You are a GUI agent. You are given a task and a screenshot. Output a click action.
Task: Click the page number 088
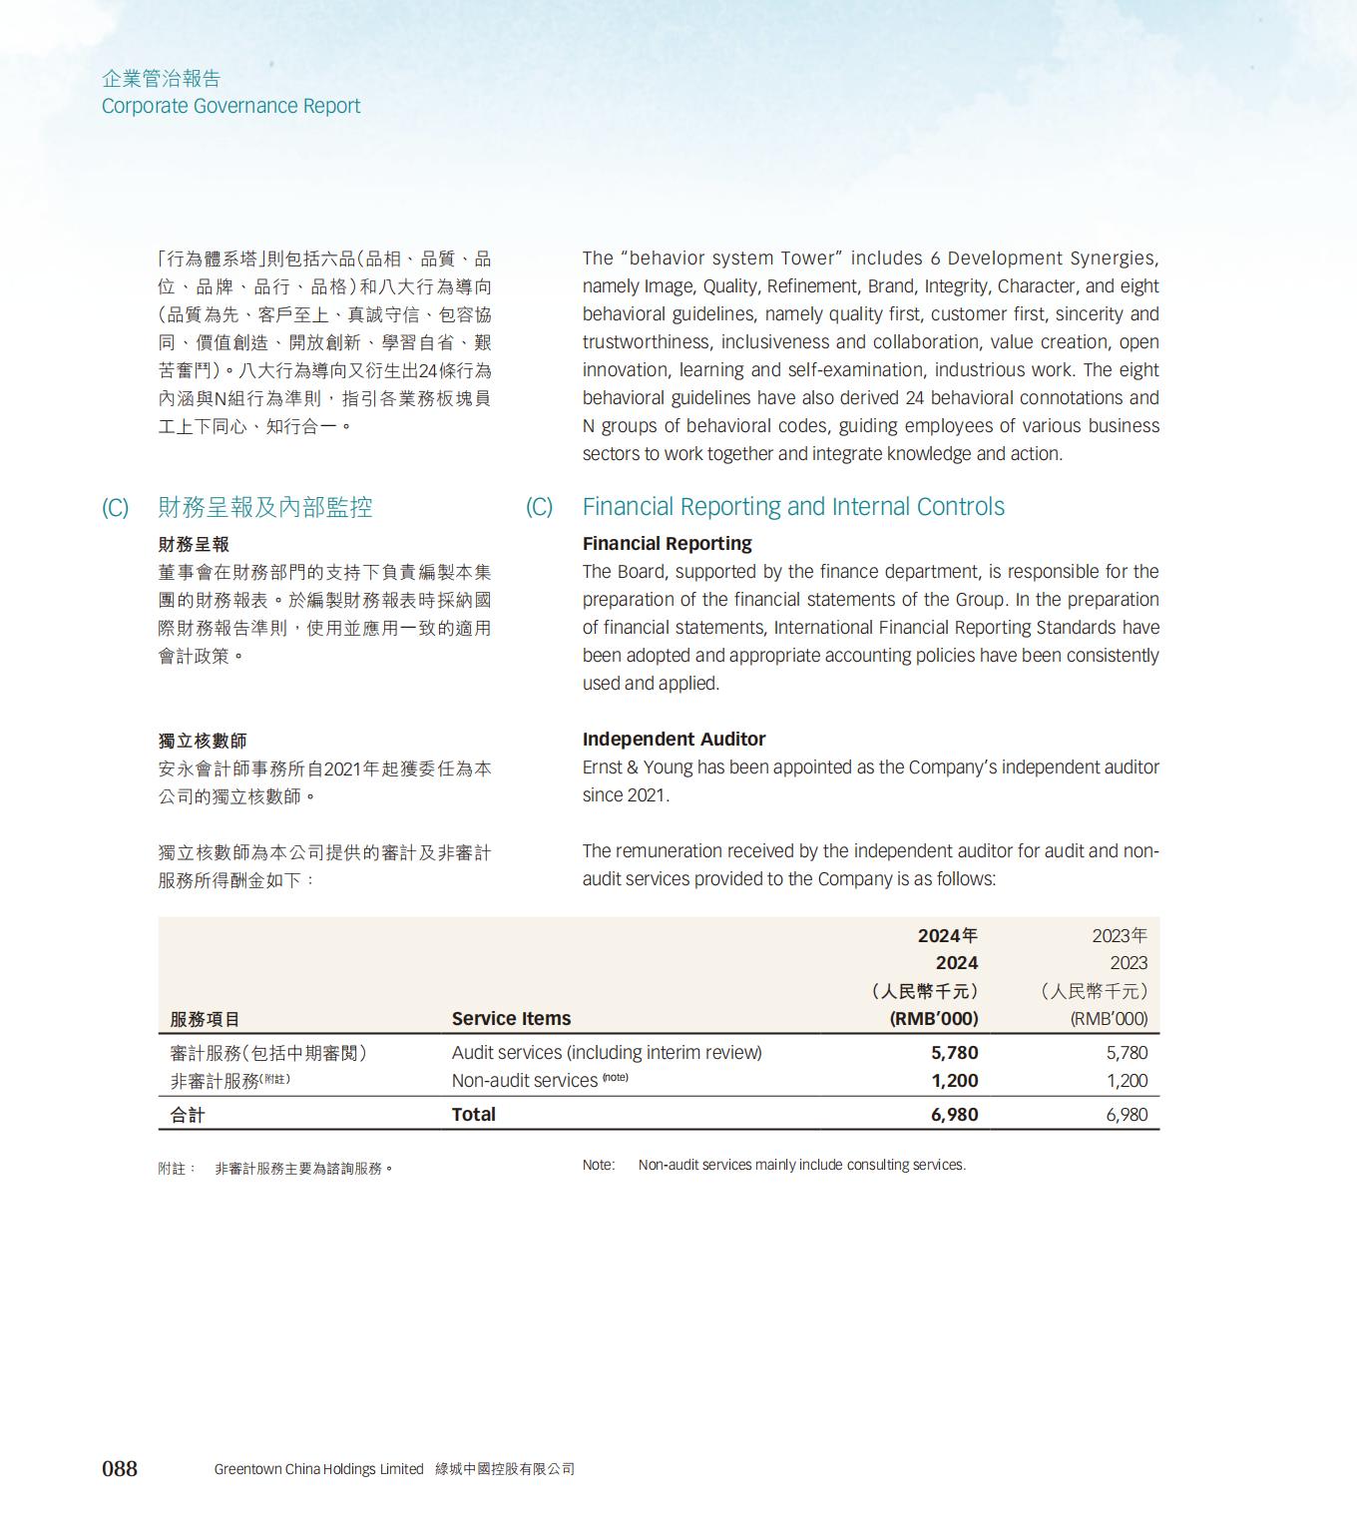click(120, 1468)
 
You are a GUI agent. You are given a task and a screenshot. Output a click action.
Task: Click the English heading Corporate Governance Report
click(230, 106)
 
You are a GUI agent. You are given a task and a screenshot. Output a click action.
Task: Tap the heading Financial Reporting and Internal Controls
click(793, 507)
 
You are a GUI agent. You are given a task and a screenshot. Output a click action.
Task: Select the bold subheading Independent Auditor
click(674, 740)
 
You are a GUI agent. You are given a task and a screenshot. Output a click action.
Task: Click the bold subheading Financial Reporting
click(667, 544)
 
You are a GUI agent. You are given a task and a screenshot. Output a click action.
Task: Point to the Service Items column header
click(511, 1019)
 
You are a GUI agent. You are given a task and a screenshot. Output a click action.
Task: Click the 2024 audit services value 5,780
click(954, 1053)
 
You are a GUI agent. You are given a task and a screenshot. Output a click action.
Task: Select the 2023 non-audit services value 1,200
click(1127, 1081)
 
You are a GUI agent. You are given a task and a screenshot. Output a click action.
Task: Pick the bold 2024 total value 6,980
click(954, 1115)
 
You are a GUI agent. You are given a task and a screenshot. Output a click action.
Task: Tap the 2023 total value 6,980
click(1127, 1115)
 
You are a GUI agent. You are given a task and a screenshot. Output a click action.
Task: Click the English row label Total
click(473, 1115)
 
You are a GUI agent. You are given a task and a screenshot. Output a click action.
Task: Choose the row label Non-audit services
click(524, 1081)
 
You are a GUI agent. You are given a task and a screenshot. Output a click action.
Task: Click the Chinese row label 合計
click(188, 1115)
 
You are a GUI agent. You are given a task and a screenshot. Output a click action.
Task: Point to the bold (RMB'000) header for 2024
click(933, 1019)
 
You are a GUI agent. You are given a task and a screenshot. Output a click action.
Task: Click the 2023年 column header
click(1119, 935)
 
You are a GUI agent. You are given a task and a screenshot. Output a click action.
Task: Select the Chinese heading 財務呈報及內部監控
click(264, 507)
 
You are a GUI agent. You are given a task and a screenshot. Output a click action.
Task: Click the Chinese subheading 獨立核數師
click(203, 741)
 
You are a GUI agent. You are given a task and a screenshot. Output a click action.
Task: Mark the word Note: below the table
click(599, 1165)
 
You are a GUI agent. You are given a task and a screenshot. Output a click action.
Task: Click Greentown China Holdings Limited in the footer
click(318, 1469)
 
